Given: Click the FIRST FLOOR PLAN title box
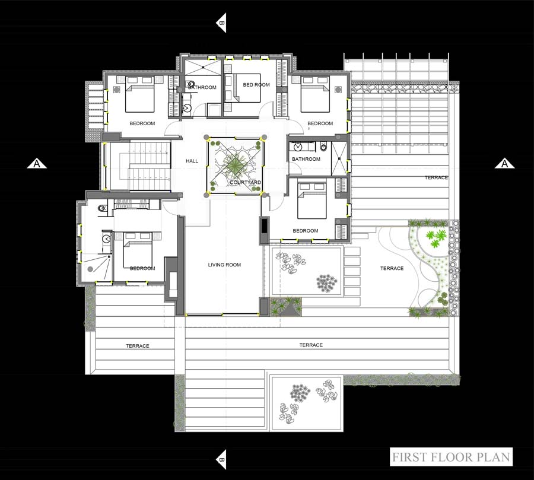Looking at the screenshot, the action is pyautogui.click(x=451, y=457).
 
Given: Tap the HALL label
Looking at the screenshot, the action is pyautogui.click(x=192, y=161).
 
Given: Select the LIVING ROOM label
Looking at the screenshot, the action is pyautogui.click(x=224, y=265).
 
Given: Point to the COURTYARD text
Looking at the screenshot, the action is pyautogui.click(x=245, y=182).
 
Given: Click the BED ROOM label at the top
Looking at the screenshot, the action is pyautogui.click(x=256, y=85).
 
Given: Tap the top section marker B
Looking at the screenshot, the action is pyautogui.click(x=221, y=23).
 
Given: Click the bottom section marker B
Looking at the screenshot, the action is pyautogui.click(x=221, y=459).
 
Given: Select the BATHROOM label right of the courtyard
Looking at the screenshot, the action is pyautogui.click(x=306, y=159).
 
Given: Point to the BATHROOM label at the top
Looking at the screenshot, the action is pyautogui.click(x=202, y=87).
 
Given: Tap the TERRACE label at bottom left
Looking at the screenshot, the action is pyautogui.click(x=138, y=346).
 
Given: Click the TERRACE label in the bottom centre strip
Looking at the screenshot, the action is pyautogui.click(x=311, y=345).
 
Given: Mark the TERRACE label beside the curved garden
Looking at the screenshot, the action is pyautogui.click(x=392, y=268).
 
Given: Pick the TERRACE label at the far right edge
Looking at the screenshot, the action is pyautogui.click(x=436, y=177).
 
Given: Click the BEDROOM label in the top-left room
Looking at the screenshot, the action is pyautogui.click(x=142, y=123).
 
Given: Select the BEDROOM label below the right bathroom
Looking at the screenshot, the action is pyautogui.click(x=306, y=231).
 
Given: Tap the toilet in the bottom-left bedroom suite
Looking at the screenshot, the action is pyautogui.click(x=102, y=208).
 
